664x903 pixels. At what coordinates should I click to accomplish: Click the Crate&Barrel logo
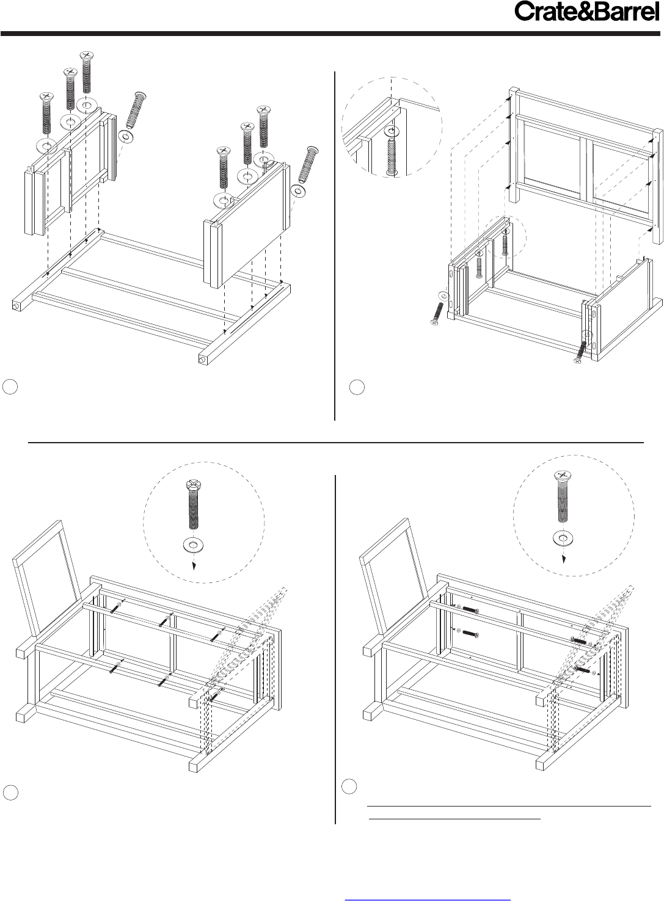[x=586, y=12]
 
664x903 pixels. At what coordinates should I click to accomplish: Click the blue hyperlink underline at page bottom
[x=428, y=899]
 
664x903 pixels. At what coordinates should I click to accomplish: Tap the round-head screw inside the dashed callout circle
[x=193, y=504]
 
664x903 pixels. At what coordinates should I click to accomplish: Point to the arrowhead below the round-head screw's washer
[x=194, y=567]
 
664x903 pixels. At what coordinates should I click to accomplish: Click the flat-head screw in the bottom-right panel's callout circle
[x=564, y=496]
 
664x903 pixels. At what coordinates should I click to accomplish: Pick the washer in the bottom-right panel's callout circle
[x=563, y=538]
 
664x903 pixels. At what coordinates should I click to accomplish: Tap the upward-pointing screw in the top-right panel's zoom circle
[x=392, y=158]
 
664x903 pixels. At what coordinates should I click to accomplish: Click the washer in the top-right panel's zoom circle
[x=391, y=131]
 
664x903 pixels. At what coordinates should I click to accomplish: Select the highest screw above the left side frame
[x=87, y=72]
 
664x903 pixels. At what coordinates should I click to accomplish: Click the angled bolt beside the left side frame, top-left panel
[x=136, y=110]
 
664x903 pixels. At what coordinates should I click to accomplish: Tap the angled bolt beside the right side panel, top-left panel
[x=308, y=165]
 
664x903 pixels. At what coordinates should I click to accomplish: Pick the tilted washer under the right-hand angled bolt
[x=299, y=191]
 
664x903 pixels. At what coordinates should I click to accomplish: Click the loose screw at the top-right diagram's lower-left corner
[x=437, y=314]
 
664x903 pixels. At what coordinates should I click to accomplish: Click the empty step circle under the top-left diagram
[x=10, y=386]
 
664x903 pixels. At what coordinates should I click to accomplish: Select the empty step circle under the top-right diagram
[x=357, y=387]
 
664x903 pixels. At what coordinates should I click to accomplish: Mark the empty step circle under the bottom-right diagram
[x=349, y=786]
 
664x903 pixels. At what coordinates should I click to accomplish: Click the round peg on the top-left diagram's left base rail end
[x=15, y=306]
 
